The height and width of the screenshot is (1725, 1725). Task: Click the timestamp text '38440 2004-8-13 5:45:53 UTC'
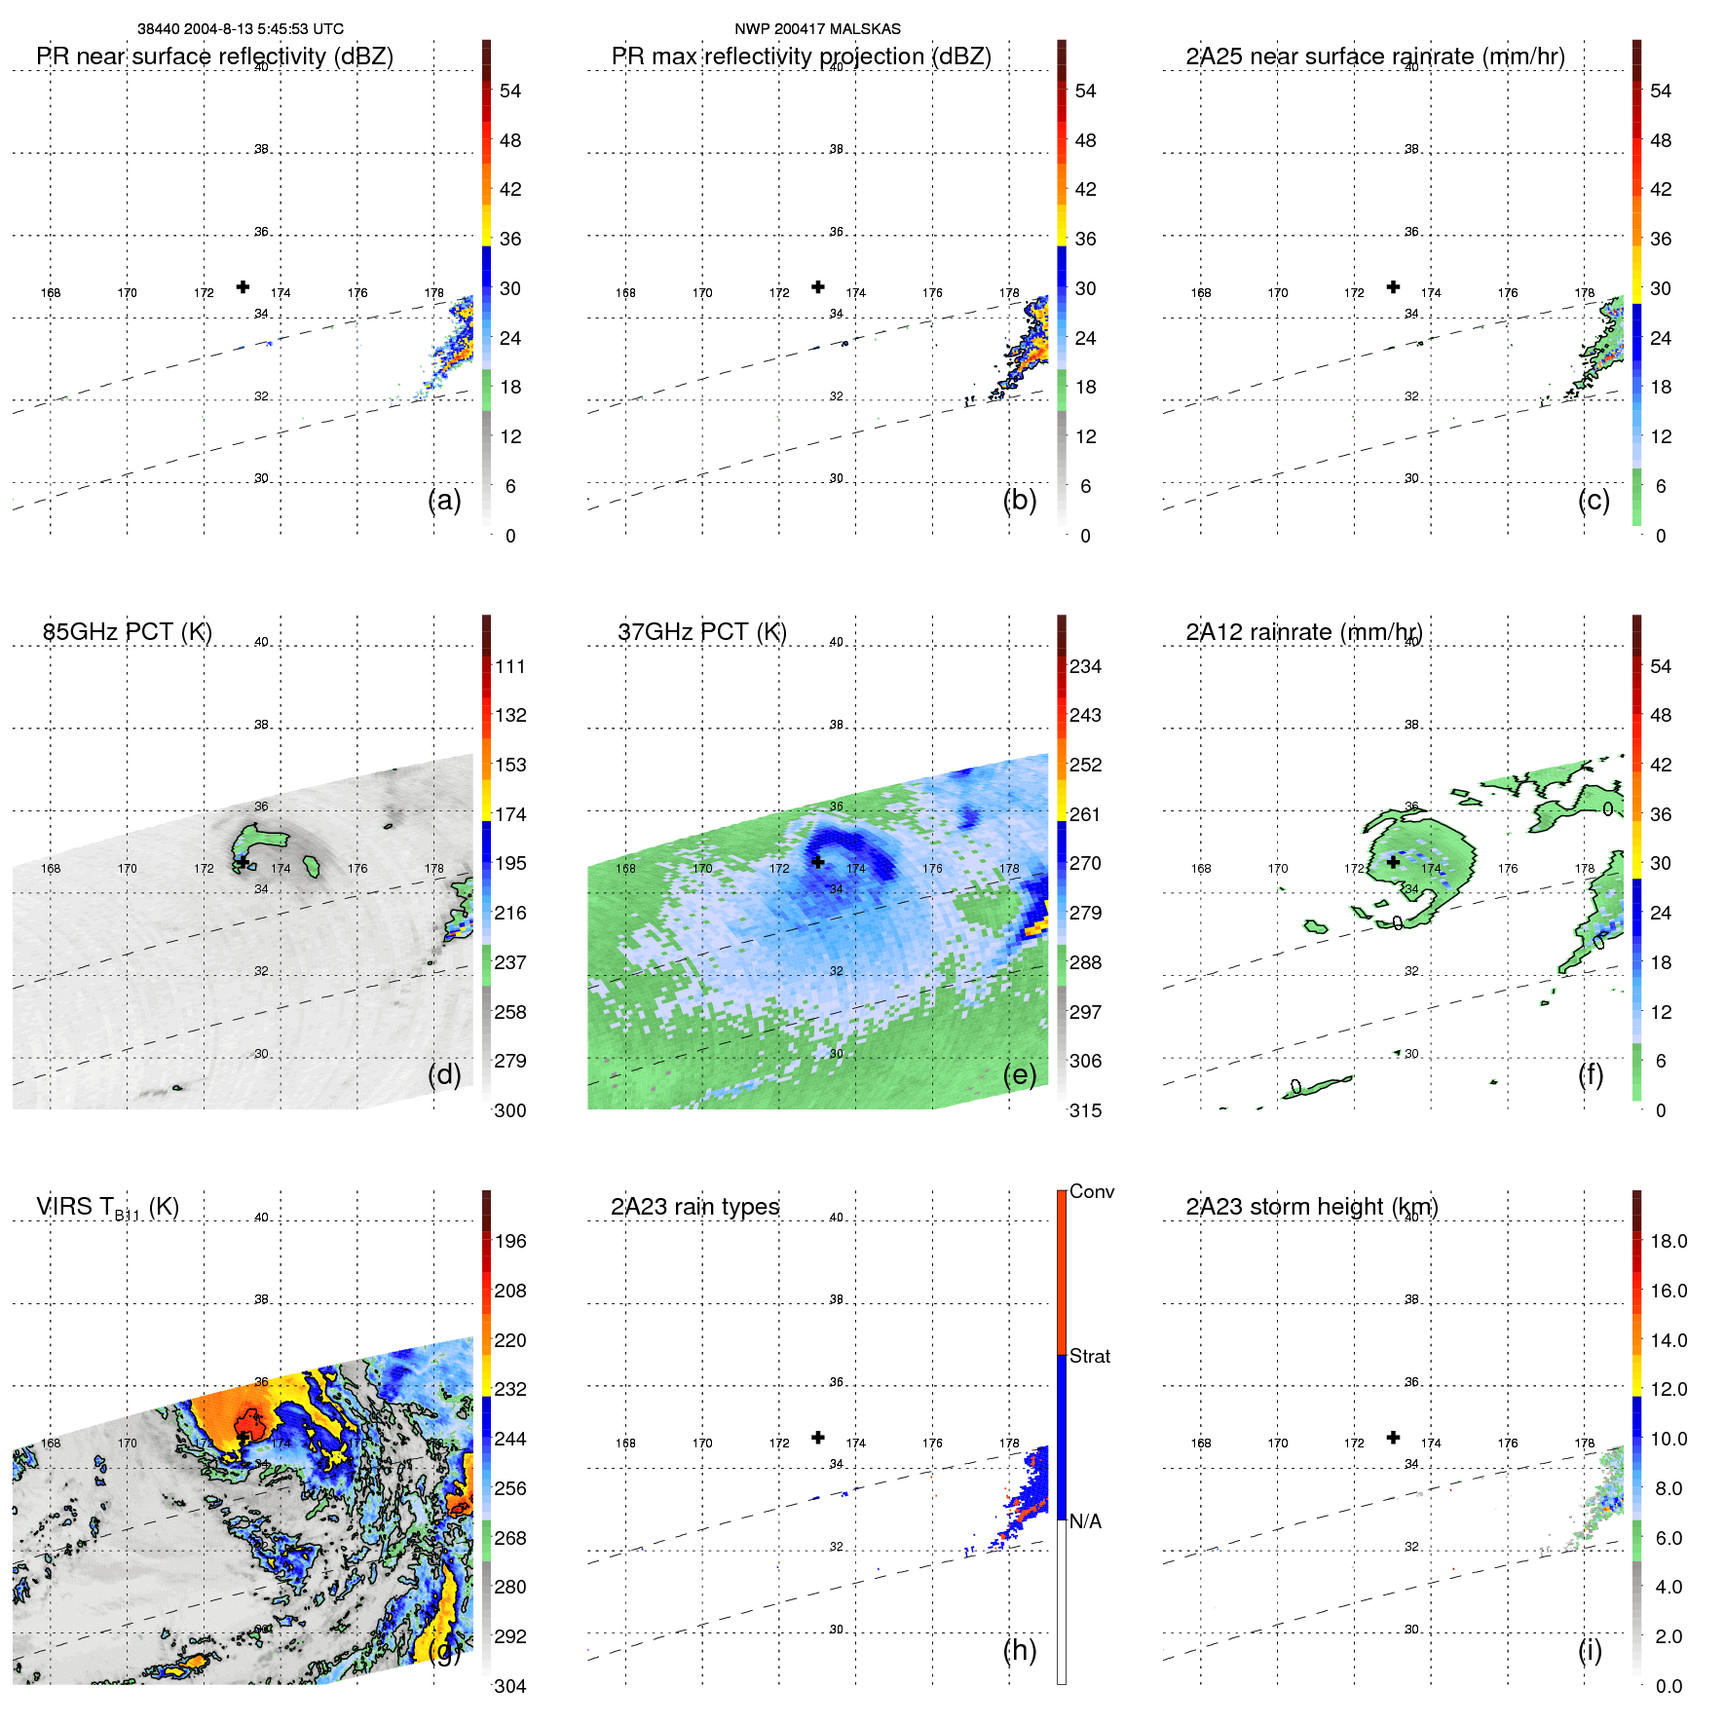pos(240,29)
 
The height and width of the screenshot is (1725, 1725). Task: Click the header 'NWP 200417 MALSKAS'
pos(817,29)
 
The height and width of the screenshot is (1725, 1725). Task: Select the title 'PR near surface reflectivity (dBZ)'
pos(214,56)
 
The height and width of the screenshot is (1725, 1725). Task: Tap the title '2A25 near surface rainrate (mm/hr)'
pos(1374,56)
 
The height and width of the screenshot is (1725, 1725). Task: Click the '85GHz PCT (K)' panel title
pos(127,632)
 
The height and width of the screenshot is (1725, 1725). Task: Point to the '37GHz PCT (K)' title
pos(701,632)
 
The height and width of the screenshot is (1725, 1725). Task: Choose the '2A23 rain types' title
pos(694,1207)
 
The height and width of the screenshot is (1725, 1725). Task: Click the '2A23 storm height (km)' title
pos(1311,1207)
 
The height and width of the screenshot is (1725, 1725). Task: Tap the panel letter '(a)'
pos(444,500)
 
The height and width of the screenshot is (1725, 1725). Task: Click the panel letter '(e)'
pos(1019,1074)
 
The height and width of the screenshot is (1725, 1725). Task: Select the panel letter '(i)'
pos(1590,1650)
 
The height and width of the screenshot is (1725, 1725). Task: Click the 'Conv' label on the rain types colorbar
pos(1091,1191)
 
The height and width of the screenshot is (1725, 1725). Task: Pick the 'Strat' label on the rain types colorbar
pos(1089,1356)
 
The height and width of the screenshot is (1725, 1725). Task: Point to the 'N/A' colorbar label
pos(1085,1521)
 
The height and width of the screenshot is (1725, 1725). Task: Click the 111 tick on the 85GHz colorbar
pos(510,666)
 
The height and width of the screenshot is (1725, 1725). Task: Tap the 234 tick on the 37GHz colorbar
pos(1085,666)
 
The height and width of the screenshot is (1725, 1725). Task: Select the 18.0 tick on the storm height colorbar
pos(1668,1241)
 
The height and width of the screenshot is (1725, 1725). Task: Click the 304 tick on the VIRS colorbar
pos(510,1686)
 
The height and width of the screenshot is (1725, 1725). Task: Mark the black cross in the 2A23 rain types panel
pos(818,1438)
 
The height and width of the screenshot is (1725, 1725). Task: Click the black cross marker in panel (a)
pos(243,286)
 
